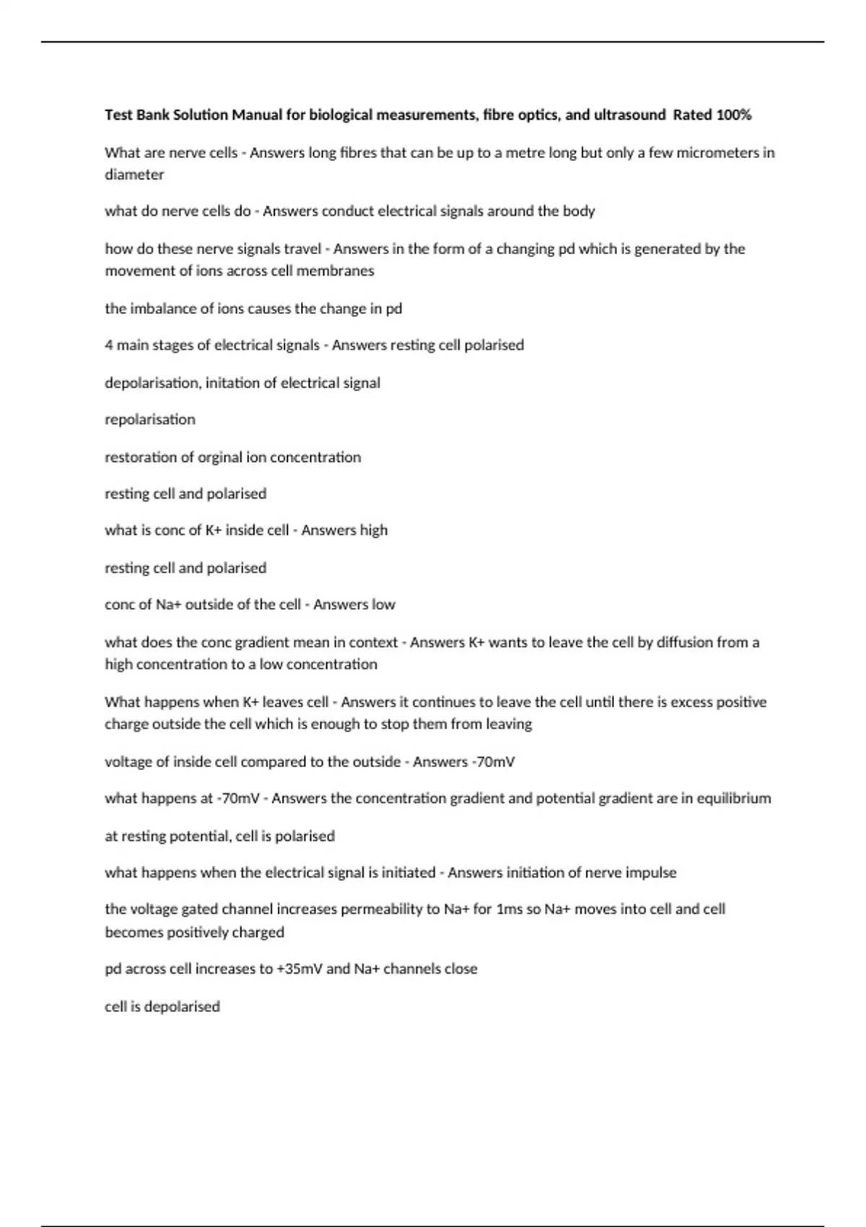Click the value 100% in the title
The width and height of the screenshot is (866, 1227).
point(733,115)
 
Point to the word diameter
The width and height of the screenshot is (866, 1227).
point(134,175)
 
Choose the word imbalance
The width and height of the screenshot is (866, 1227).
point(163,308)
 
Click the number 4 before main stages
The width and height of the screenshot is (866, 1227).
point(109,345)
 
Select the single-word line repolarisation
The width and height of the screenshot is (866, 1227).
point(150,419)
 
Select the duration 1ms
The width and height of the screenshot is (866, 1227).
point(509,909)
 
